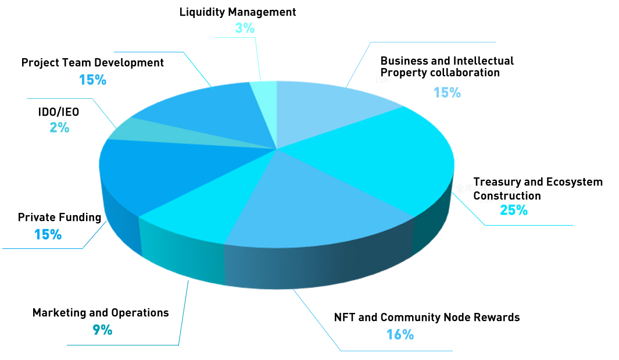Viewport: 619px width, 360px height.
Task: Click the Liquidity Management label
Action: coord(237,12)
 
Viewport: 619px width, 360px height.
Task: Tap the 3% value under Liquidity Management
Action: coord(245,28)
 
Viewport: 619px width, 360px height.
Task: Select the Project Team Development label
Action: coord(92,62)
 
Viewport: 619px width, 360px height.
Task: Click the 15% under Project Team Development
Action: coord(92,80)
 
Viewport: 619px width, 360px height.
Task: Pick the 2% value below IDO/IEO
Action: coord(59,128)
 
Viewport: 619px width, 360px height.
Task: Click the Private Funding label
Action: coord(59,218)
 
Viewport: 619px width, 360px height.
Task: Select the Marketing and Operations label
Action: coord(101,313)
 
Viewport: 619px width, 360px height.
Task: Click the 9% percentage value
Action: coord(102,330)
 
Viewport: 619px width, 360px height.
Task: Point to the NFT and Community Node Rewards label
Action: coord(427,318)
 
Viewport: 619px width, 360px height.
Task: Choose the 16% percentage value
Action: coord(400,334)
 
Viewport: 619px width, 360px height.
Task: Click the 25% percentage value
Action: coord(514,210)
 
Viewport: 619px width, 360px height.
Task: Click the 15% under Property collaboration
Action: coord(447,92)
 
